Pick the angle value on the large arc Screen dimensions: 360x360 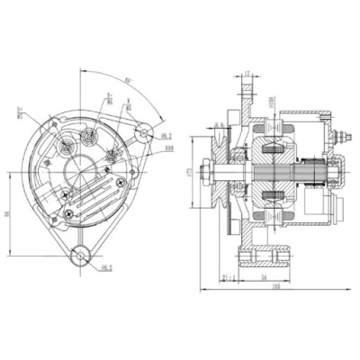click(x=129, y=80)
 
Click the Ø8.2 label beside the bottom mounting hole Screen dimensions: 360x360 click(x=106, y=267)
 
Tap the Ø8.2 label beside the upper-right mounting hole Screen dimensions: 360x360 click(x=165, y=136)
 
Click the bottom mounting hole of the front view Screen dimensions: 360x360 click(x=82, y=256)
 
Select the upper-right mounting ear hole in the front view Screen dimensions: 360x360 click(x=142, y=133)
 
